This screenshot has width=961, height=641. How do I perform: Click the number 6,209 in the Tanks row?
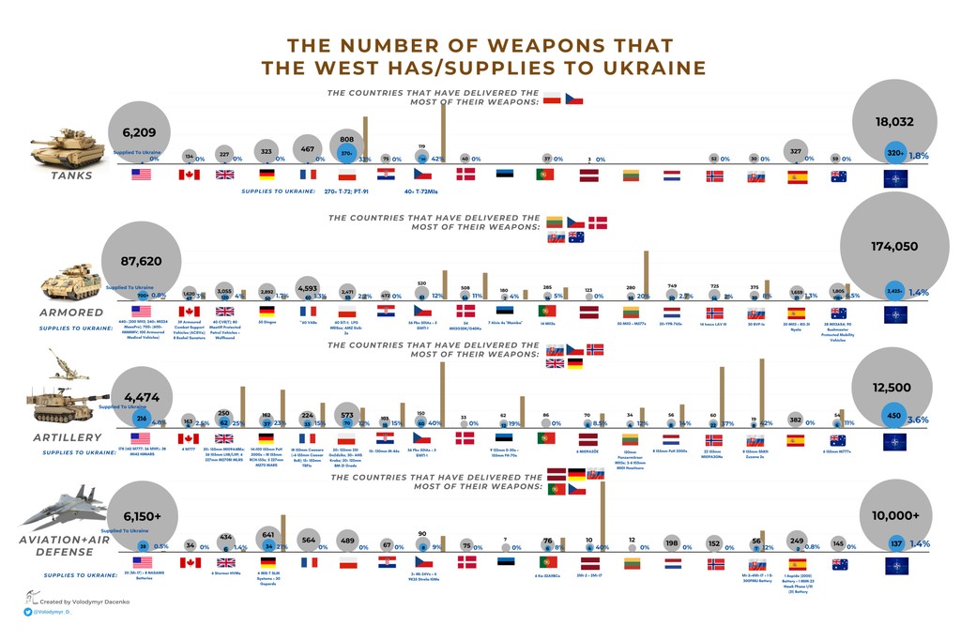pyautogui.click(x=143, y=131)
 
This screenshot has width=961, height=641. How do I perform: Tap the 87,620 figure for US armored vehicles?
pyautogui.click(x=143, y=263)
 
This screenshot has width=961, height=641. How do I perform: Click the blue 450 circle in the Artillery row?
pyautogui.click(x=894, y=418)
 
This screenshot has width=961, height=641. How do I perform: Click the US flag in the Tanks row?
pyautogui.click(x=143, y=176)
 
